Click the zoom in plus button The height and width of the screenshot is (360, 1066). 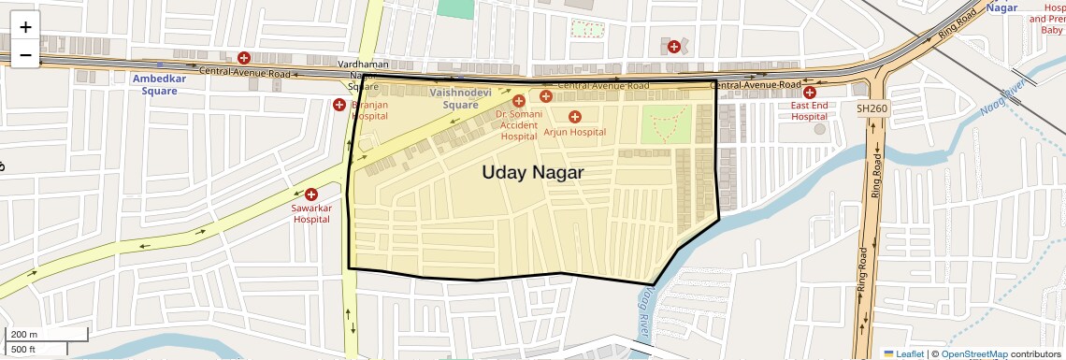coord(25,27)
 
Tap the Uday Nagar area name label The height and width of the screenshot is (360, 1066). coord(532,172)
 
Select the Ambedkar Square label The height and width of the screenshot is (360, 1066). coord(160,85)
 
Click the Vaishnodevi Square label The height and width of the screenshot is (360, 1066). coord(460,99)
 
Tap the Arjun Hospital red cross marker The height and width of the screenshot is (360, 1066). coord(575,117)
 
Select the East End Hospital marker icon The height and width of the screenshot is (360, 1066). coord(810,92)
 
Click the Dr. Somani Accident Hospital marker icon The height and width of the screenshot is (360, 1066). coord(519,100)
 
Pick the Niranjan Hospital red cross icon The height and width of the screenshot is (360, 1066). coord(339,105)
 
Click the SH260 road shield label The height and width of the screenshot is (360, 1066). coord(872,109)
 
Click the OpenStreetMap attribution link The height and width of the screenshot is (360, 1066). coord(973,353)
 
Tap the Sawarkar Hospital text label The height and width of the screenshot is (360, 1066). coord(311,213)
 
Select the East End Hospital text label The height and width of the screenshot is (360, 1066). coord(810,111)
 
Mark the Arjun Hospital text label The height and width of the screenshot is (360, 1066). coord(575,133)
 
